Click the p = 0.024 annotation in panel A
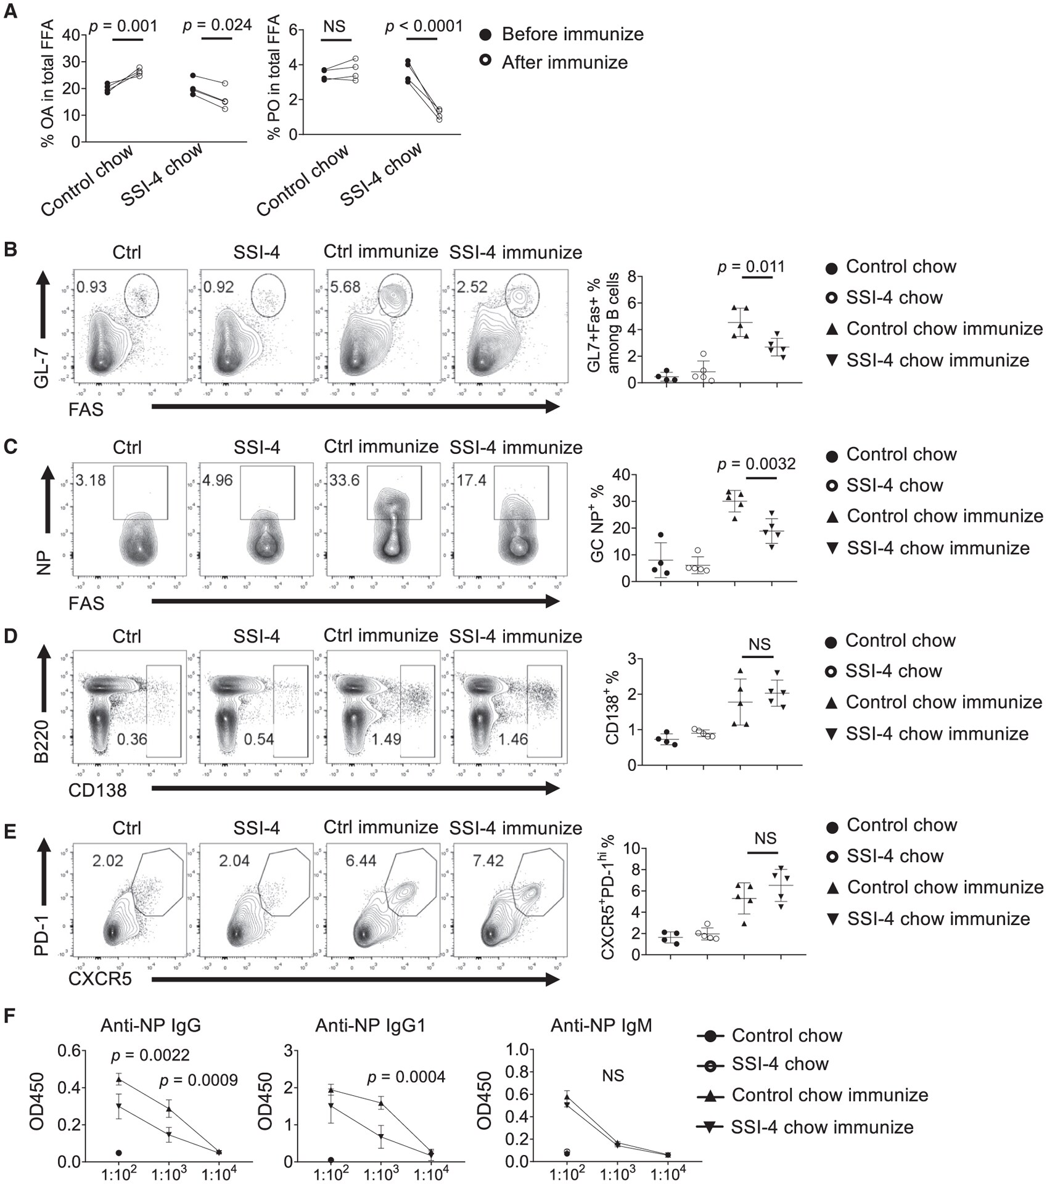217,25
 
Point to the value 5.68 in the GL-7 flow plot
344,287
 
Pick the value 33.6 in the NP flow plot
344,480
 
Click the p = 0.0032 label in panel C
756,464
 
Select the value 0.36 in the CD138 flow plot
132,738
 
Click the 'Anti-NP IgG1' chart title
370,1025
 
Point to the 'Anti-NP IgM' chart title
601,1025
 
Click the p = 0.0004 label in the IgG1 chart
406,1077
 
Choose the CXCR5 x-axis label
100,979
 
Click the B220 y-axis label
41,738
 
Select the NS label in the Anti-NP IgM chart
613,1075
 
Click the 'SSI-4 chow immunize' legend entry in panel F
821,1127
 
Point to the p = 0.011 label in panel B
750,267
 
